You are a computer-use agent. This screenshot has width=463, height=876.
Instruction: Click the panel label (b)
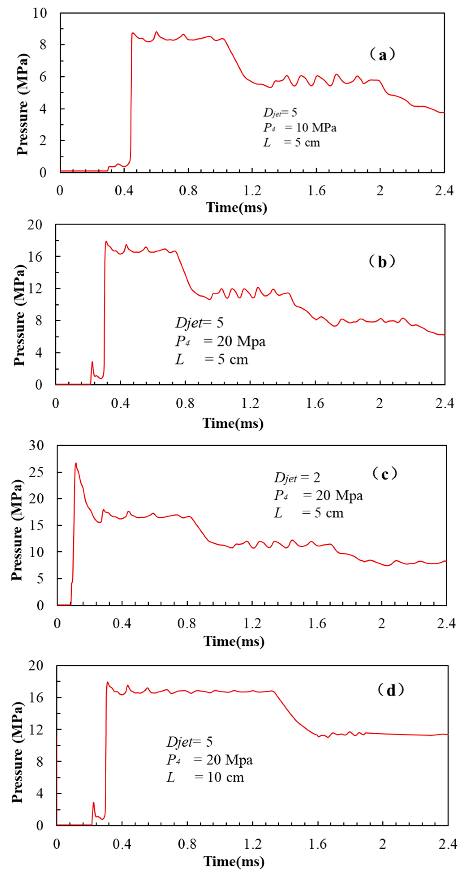382,262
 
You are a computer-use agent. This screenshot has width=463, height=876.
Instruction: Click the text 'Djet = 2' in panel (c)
297,478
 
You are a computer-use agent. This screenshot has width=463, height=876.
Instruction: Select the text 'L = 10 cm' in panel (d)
205,777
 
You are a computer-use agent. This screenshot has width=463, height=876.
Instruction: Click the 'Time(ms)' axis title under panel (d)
234,861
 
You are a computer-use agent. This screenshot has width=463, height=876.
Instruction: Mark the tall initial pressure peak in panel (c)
76,463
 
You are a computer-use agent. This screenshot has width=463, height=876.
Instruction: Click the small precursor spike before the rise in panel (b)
92,362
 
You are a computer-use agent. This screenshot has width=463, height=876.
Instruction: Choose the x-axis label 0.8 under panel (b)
185,403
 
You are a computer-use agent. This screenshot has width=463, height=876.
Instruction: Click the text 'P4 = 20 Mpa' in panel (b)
220,341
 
